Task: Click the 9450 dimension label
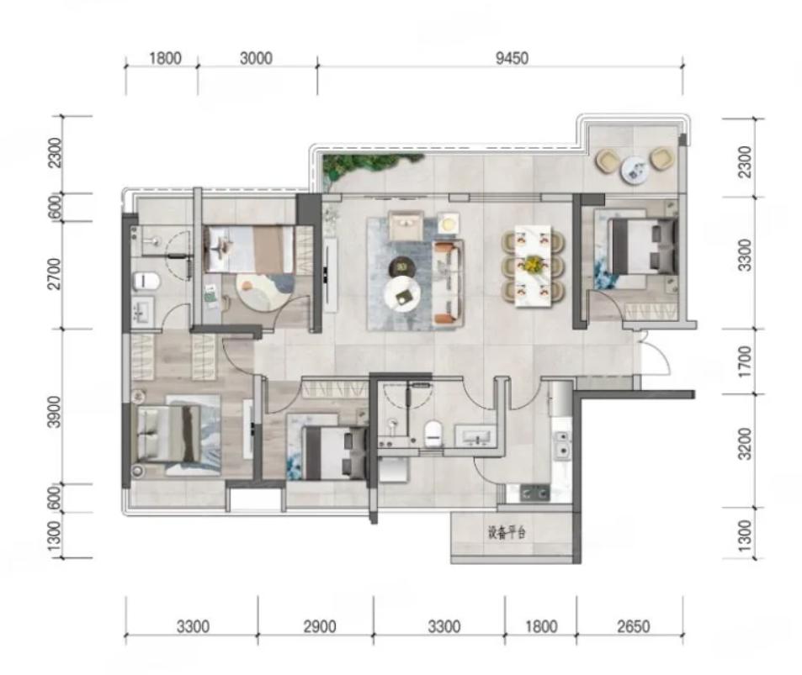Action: tap(512, 58)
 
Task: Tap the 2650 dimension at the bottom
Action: tap(633, 626)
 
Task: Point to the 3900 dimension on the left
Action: tap(54, 412)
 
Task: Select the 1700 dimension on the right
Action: tap(746, 361)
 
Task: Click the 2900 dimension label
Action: tap(320, 626)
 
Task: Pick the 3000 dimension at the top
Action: tap(256, 58)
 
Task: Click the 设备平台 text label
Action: tap(507, 533)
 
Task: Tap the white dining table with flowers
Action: tap(533, 266)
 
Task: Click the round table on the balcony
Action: tap(635, 169)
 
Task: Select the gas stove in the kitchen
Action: tap(534, 493)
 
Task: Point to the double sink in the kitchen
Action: tap(561, 444)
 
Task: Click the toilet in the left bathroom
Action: tap(146, 281)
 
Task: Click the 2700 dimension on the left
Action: tap(54, 274)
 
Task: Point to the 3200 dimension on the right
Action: tap(746, 444)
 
